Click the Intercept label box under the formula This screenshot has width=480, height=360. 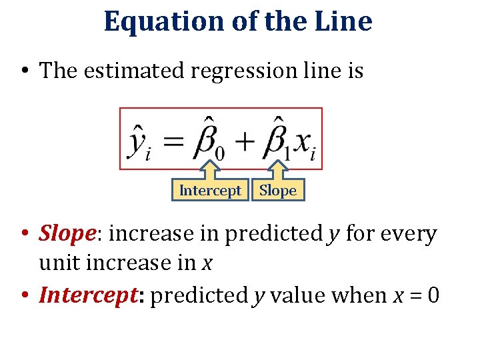210,191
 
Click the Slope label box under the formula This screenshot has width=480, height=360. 278,191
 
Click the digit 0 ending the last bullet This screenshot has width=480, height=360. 433,295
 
